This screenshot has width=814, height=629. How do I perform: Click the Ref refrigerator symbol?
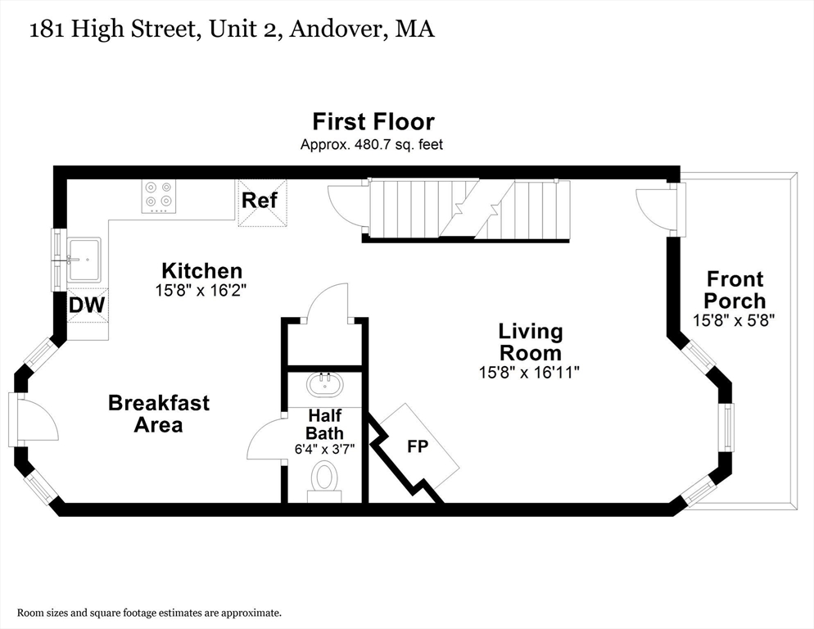click(262, 202)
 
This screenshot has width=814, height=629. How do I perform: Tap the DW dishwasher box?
click(87, 305)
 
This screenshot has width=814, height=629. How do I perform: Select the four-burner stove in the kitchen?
click(158, 196)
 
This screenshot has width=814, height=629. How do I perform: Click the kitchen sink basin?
click(84, 258)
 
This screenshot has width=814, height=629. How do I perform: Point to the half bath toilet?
click(325, 482)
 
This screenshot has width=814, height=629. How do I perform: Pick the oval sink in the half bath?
click(325, 386)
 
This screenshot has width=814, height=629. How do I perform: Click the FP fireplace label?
click(418, 446)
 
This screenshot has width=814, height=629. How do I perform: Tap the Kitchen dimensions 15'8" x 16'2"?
click(201, 291)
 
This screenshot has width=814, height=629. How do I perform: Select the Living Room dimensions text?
click(529, 372)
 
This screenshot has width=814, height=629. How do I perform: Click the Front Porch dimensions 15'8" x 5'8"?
click(734, 320)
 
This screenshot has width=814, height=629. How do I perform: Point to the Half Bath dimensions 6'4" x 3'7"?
click(324, 449)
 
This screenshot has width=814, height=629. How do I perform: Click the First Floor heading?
click(373, 121)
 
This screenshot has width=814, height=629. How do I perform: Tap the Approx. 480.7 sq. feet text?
click(372, 144)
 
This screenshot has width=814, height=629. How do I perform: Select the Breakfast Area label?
click(159, 414)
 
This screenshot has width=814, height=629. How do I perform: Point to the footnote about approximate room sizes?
click(150, 613)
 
